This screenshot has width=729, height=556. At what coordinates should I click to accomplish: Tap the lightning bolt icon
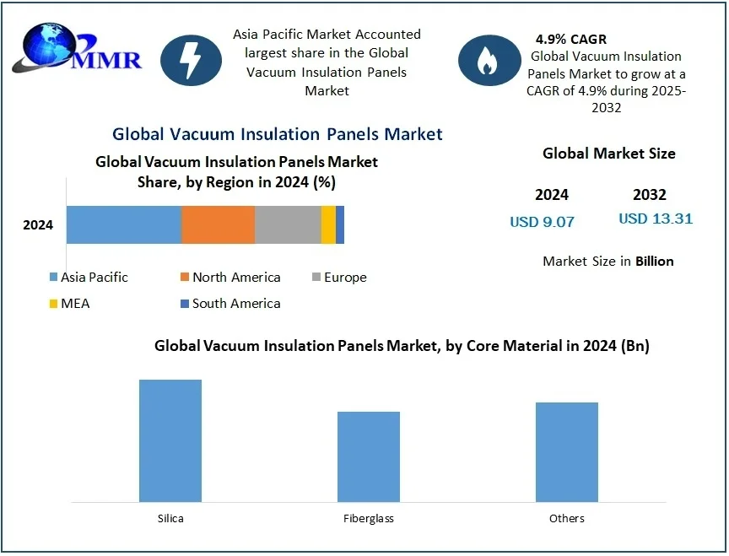click(x=191, y=60)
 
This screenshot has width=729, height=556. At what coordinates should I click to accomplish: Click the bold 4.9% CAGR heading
click(x=570, y=39)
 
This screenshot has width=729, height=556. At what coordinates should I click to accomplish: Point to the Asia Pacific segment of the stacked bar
click(x=124, y=224)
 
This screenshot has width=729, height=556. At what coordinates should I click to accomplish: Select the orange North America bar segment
click(x=218, y=224)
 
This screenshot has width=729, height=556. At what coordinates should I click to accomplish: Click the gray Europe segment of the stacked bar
click(x=288, y=224)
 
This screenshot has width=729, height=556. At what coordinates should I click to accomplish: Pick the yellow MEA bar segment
click(x=328, y=224)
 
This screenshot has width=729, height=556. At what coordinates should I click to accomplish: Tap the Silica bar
click(x=170, y=440)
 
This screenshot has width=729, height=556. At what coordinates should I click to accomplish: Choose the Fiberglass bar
click(x=369, y=456)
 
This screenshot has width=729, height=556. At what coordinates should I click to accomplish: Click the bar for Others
click(x=567, y=451)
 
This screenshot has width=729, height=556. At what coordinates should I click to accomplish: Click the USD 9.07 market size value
click(x=542, y=222)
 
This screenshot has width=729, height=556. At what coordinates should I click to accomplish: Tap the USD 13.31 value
click(x=656, y=219)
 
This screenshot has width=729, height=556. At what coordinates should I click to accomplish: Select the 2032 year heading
click(x=650, y=195)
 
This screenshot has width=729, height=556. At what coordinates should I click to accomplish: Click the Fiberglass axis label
click(x=369, y=518)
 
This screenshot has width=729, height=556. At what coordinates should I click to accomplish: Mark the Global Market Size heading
click(x=608, y=154)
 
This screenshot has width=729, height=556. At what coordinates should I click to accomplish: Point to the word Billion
click(x=654, y=262)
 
